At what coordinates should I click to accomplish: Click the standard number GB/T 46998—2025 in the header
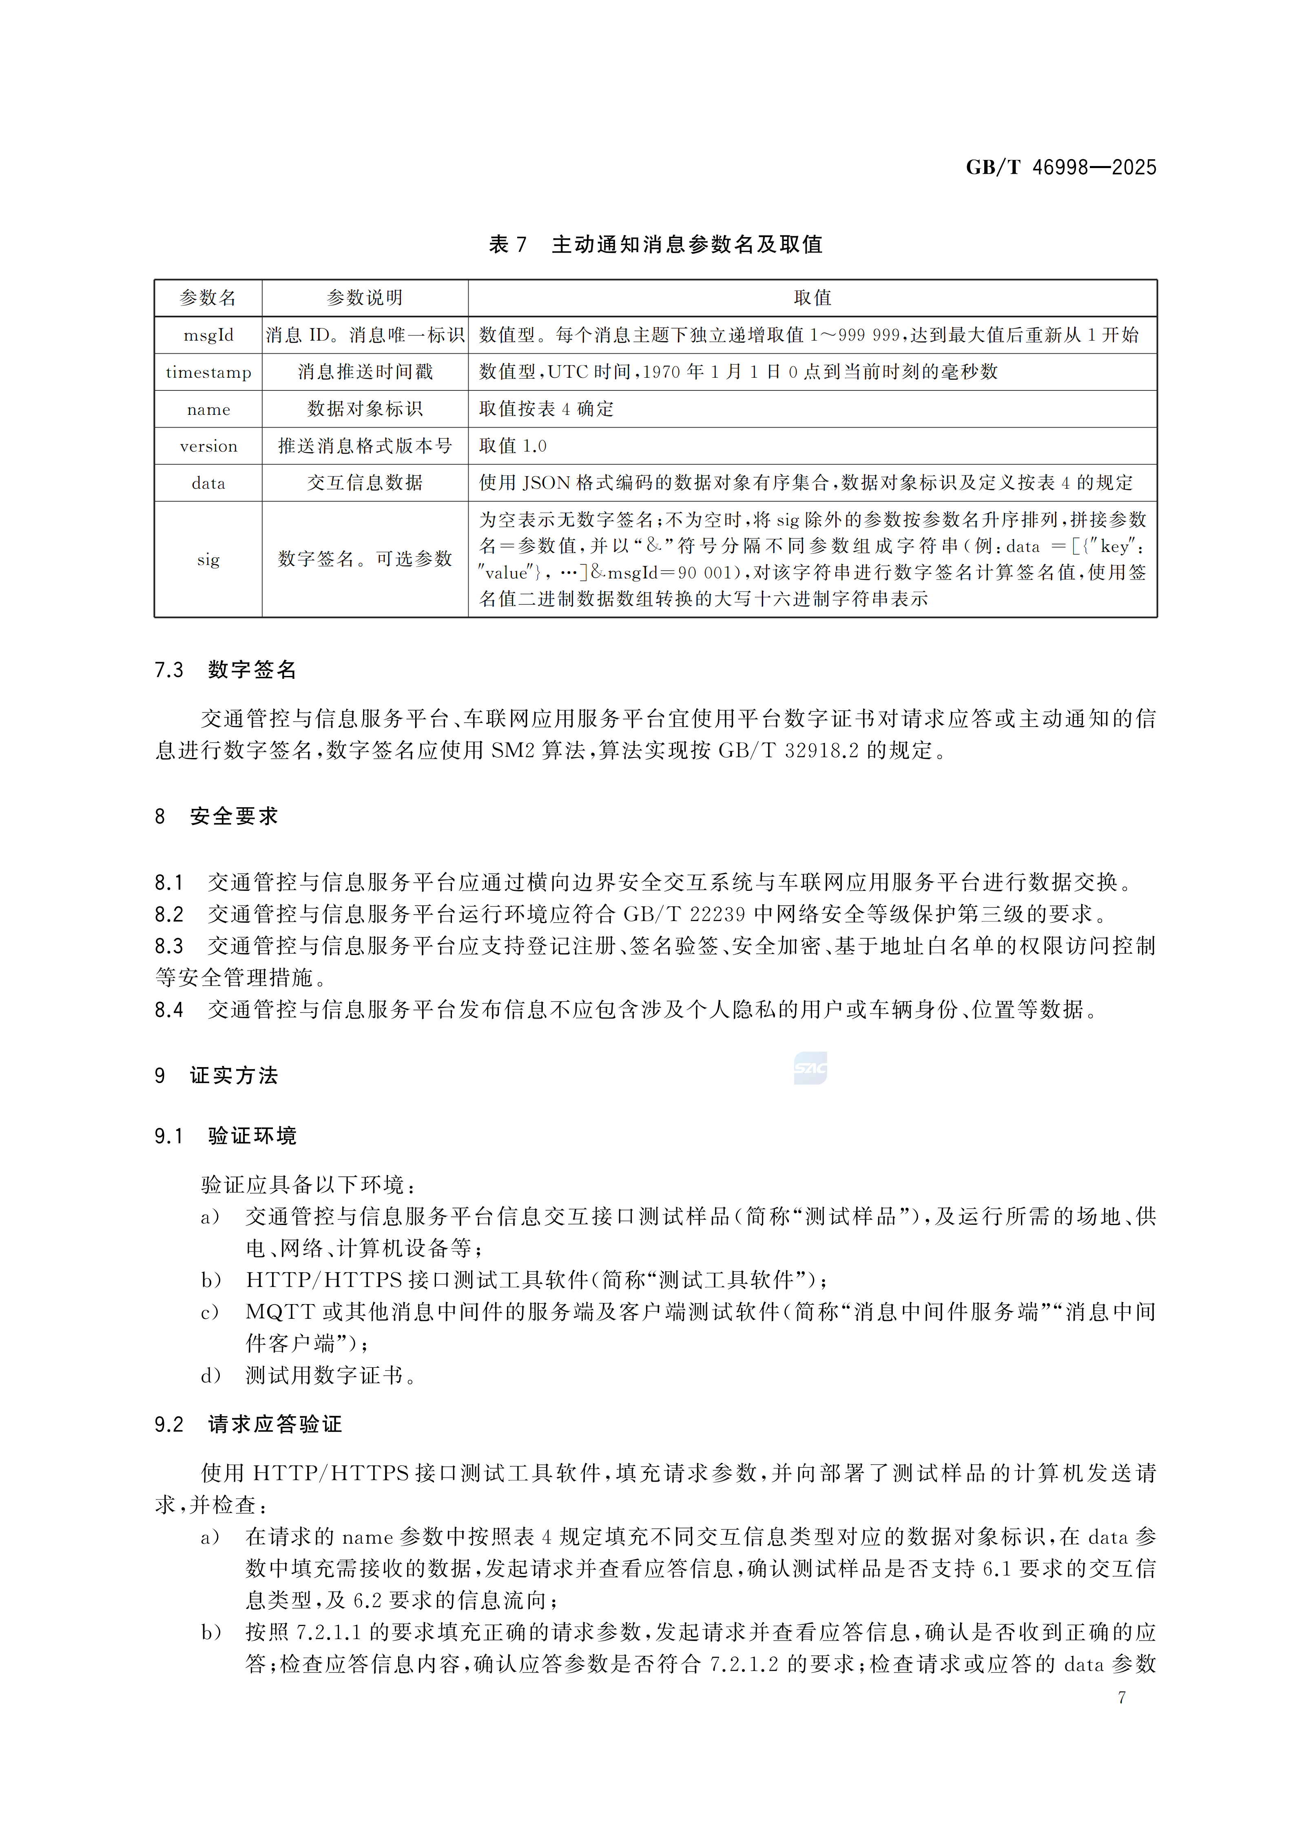[1060, 168]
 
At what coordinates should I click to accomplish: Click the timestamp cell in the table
[208, 372]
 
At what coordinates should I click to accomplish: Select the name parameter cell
[208, 409]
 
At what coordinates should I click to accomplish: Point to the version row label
[208, 446]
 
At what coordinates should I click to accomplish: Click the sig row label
[208, 559]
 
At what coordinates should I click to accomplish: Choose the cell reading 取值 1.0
[513, 446]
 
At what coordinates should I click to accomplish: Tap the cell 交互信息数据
[365, 483]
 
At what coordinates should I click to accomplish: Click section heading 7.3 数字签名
[226, 669]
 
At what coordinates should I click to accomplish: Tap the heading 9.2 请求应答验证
[248, 1424]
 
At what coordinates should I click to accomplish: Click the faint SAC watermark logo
[810, 1068]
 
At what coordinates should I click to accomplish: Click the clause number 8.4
[169, 1010]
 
